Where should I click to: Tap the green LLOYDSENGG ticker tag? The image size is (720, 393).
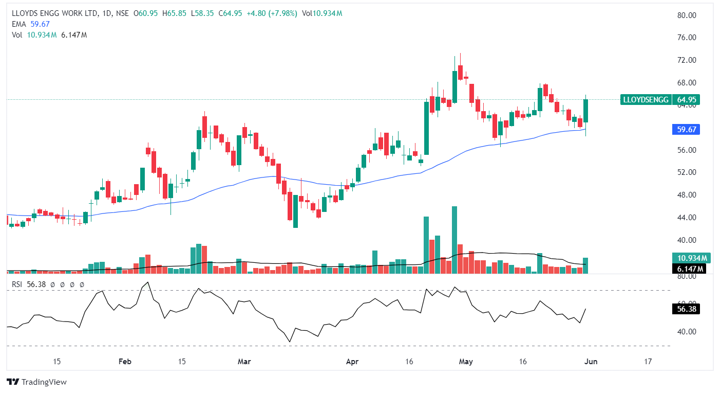[646, 100]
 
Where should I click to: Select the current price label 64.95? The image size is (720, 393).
[687, 100]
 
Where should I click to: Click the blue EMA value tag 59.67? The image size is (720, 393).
[686, 130]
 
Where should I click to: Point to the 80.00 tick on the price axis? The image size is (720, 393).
[686, 15]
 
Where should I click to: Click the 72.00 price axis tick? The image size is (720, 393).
[686, 60]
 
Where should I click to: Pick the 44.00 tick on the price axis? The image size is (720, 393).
[686, 218]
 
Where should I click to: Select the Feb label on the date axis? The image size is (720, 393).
[125, 362]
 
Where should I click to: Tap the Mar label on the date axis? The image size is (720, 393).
[244, 362]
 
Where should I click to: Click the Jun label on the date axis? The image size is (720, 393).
[591, 362]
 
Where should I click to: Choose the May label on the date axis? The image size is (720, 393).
[466, 362]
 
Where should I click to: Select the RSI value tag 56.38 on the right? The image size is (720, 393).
[686, 309]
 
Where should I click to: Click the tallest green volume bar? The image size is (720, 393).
[454, 240]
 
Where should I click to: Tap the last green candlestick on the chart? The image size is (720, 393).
[585, 111]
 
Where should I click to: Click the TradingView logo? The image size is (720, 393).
[37, 382]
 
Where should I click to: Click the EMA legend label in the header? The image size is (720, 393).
[18, 24]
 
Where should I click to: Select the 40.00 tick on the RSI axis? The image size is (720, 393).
[686, 332]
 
